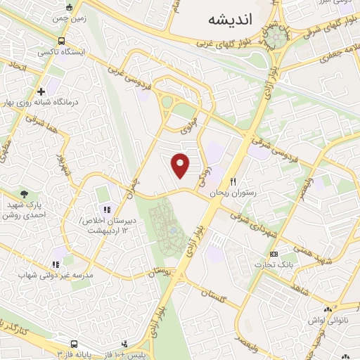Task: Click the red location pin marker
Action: [x=181, y=165]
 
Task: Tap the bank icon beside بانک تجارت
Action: [x=274, y=254]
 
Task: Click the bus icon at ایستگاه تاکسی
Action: [x=62, y=41]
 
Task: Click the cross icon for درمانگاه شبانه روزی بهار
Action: [x=41, y=91]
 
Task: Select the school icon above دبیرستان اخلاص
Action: [x=107, y=209]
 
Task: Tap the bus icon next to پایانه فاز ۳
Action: [x=74, y=344]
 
